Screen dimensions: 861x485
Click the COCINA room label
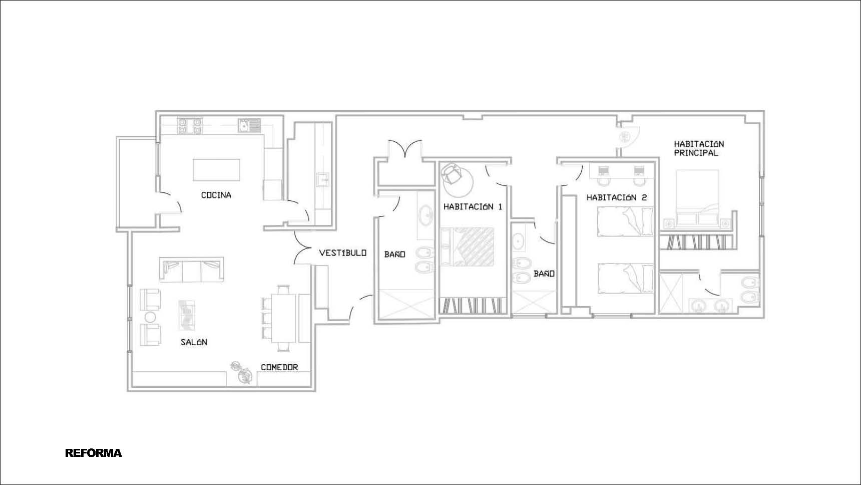[x=216, y=195]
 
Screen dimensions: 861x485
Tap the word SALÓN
[x=194, y=342]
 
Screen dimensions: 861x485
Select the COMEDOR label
[x=279, y=367]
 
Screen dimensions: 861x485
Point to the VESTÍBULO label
[x=343, y=253]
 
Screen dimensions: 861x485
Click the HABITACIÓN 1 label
[x=473, y=206]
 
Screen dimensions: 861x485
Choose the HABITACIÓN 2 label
[x=617, y=197]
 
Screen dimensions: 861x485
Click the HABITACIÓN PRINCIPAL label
[x=699, y=148]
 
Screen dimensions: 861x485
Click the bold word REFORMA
[x=94, y=453]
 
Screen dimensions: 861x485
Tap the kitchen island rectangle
[x=216, y=169]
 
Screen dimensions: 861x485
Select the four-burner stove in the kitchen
[x=190, y=125]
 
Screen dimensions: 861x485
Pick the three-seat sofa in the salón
[x=191, y=270]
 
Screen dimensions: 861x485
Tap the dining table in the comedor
[x=284, y=318]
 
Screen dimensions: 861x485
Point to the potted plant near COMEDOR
[x=242, y=373]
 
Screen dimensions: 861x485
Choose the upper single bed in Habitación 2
[x=626, y=221]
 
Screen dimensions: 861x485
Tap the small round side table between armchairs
[x=150, y=317]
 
